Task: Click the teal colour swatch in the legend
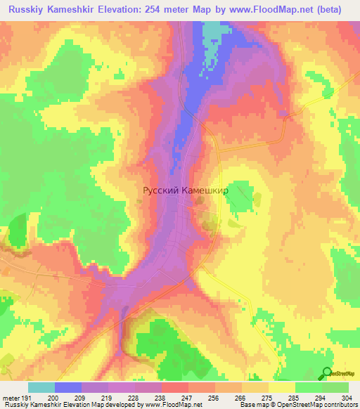click(41, 387)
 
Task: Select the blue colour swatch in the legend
click(68, 387)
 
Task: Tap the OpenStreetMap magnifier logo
click(328, 372)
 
